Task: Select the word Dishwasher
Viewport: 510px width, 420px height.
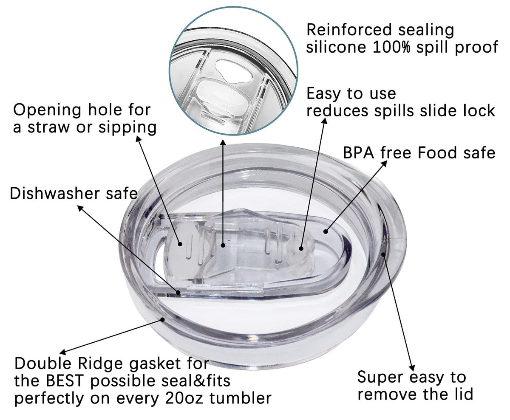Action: click(55, 194)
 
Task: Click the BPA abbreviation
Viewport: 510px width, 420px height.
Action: click(359, 153)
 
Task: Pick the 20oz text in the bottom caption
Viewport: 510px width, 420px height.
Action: click(184, 398)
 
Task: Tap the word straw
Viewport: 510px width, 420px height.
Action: click(48, 127)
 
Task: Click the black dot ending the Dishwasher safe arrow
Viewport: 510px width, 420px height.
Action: click(178, 293)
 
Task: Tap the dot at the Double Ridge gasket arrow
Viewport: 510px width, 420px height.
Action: click(162, 319)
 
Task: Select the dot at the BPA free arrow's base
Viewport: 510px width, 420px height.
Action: click(326, 231)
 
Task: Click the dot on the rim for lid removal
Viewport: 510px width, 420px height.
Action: click(383, 254)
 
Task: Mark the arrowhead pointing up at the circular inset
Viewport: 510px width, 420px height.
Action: click(223, 143)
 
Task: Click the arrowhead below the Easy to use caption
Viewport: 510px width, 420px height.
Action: click(324, 121)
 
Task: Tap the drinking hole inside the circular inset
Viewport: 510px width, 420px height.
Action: click(234, 71)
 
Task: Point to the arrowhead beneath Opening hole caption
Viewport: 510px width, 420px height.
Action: click(138, 138)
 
